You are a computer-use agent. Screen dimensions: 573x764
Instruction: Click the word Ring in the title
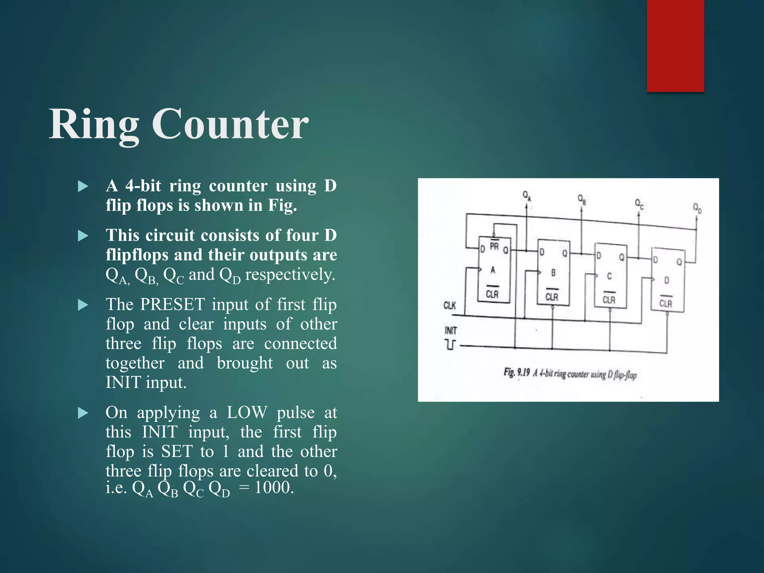[94, 124]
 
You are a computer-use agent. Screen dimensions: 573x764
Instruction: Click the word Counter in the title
[230, 124]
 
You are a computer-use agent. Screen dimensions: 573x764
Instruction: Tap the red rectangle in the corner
[675, 46]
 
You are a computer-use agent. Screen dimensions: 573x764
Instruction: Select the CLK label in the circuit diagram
[450, 306]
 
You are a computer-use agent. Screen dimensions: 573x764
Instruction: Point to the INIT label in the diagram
[451, 331]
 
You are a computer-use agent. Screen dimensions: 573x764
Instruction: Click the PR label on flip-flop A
[494, 246]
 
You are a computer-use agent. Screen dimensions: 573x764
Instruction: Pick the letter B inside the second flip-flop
[553, 273]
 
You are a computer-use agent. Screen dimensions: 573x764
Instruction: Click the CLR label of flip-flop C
[609, 300]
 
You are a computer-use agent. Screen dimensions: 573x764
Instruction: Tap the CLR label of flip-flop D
[666, 303]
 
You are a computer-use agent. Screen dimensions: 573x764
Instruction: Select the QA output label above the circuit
[526, 195]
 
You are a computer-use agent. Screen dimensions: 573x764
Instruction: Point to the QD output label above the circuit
[697, 207]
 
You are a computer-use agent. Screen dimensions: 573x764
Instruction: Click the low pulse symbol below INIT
[451, 344]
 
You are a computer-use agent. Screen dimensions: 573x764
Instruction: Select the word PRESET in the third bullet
[172, 304]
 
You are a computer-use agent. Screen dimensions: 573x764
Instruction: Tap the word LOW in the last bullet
[247, 413]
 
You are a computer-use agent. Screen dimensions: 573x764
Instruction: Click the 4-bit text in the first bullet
[143, 186]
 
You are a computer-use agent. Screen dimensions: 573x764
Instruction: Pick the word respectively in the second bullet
[290, 275]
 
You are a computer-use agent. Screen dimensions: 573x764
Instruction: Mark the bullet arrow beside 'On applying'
[83, 413]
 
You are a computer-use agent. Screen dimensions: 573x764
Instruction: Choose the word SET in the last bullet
[177, 451]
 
